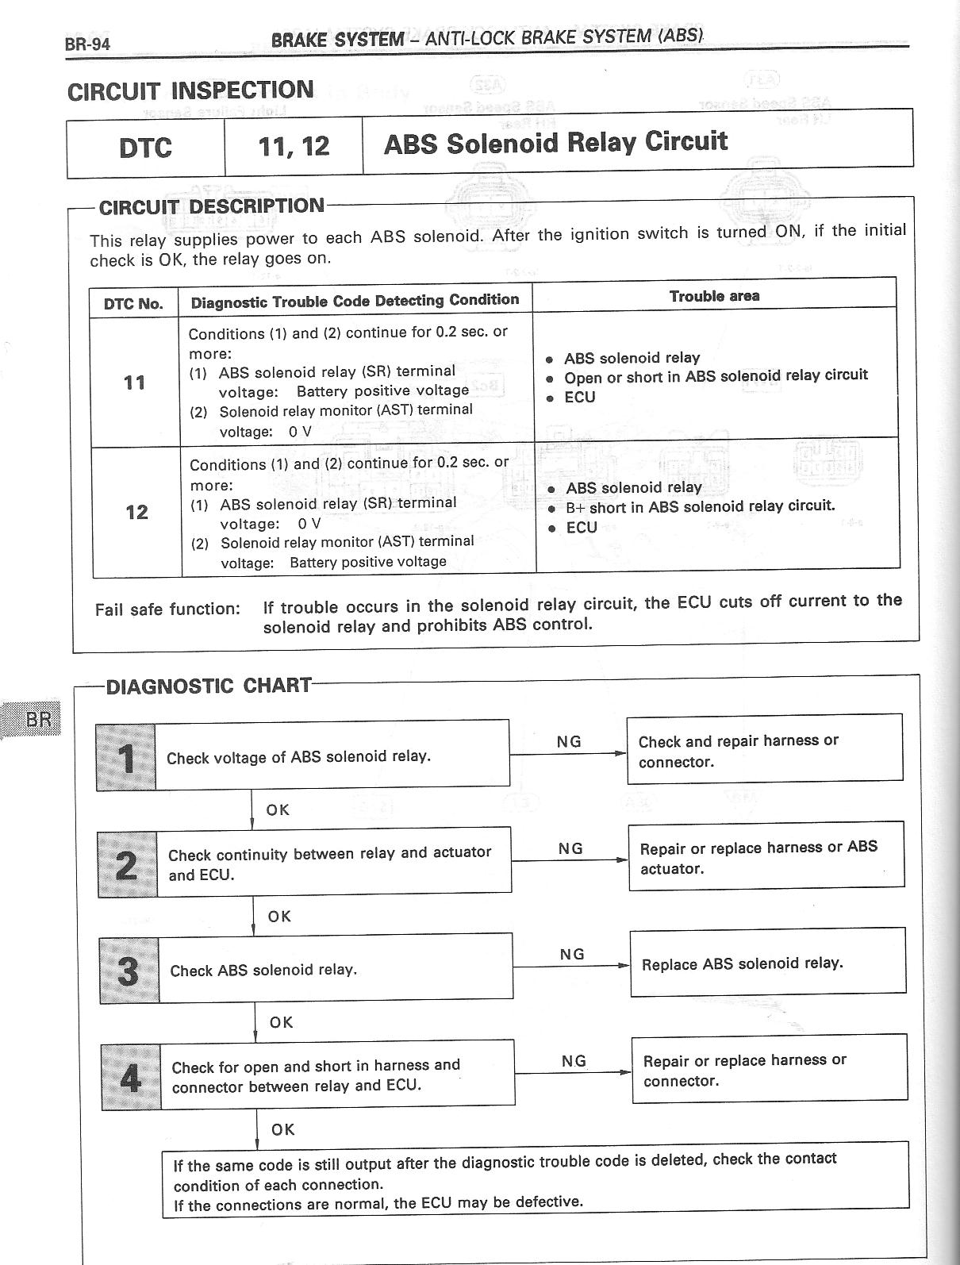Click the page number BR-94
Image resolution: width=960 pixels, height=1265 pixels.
click(87, 44)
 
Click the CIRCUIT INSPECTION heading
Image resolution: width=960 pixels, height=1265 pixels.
click(190, 90)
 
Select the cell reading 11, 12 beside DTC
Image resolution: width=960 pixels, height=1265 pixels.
click(294, 147)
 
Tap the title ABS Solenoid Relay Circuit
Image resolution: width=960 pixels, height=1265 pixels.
click(555, 143)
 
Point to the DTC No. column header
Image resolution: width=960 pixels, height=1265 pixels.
click(133, 304)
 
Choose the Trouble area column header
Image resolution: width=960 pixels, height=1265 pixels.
click(714, 296)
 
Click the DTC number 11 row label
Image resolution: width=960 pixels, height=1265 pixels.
click(135, 383)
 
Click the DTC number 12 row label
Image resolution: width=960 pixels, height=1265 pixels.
click(136, 512)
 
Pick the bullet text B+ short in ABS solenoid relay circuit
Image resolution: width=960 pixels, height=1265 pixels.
click(700, 506)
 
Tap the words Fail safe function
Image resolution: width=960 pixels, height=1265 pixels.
click(167, 609)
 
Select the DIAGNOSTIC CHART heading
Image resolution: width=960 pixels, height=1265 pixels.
click(209, 686)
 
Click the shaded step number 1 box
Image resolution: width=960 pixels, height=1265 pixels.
click(126, 758)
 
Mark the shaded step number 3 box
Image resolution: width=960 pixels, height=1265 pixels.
click(129, 971)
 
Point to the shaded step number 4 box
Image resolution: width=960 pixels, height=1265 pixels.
click(130, 1077)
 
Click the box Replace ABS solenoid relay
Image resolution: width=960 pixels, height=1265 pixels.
click(767, 963)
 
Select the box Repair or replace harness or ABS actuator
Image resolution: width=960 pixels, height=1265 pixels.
click(766, 858)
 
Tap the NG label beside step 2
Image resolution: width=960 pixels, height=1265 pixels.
click(570, 848)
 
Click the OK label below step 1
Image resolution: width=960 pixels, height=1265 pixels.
click(278, 810)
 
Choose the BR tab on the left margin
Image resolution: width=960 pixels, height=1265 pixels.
click(38, 720)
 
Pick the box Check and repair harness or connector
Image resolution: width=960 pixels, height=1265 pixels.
click(764, 751)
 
